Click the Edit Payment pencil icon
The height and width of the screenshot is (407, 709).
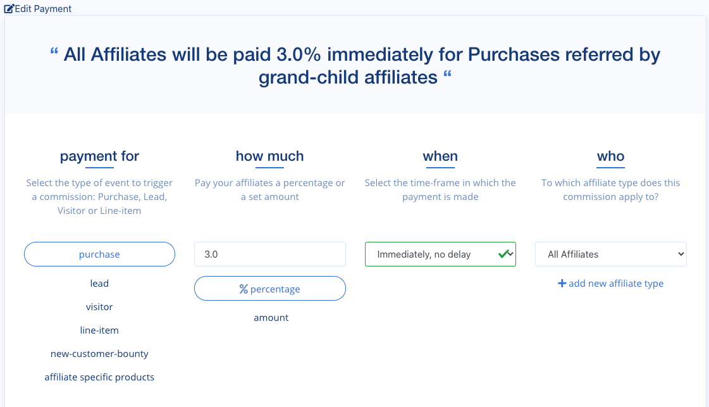[x=9, y=9]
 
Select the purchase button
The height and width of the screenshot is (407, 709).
[x=99, y=254]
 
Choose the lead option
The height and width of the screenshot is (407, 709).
[x=99, y=284]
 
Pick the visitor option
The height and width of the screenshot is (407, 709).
[x=99, y=307]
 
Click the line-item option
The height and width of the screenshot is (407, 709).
[x=99, y=330]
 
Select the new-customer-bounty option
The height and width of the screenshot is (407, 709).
[x=99, y=354]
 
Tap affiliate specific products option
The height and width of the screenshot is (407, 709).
[x=99, y=377]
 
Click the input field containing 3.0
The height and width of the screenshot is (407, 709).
[x=269, y=254]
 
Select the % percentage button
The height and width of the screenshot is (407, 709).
[x=269, y=289]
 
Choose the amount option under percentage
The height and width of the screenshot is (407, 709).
[x=271, y=318]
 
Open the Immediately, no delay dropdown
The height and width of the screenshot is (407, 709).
[x=430, y=254]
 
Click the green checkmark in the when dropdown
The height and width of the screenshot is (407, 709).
[x=503, y=254]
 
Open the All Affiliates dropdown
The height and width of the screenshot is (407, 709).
[x=610, y=254]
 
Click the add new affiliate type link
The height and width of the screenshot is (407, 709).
[x=610, y=284]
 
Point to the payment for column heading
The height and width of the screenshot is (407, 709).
[x=99, y=156]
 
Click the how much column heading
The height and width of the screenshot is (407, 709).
[x=269, y=156]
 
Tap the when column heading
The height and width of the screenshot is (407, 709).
[x=440, y=156]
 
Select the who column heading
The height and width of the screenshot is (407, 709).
[x=610, y=156]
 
